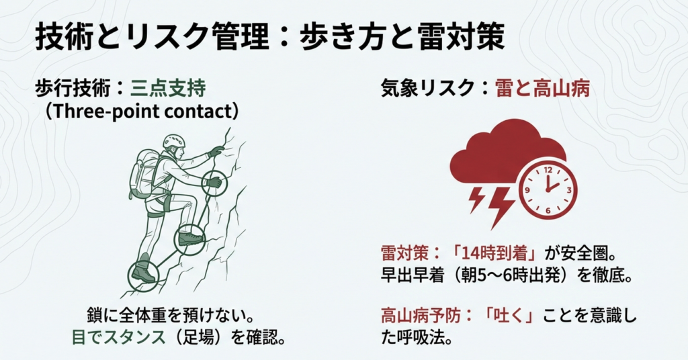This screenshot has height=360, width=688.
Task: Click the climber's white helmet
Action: [173, 141]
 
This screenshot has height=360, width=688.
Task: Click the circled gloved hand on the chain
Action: [214, 182]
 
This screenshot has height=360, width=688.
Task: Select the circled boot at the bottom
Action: [143, 271]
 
